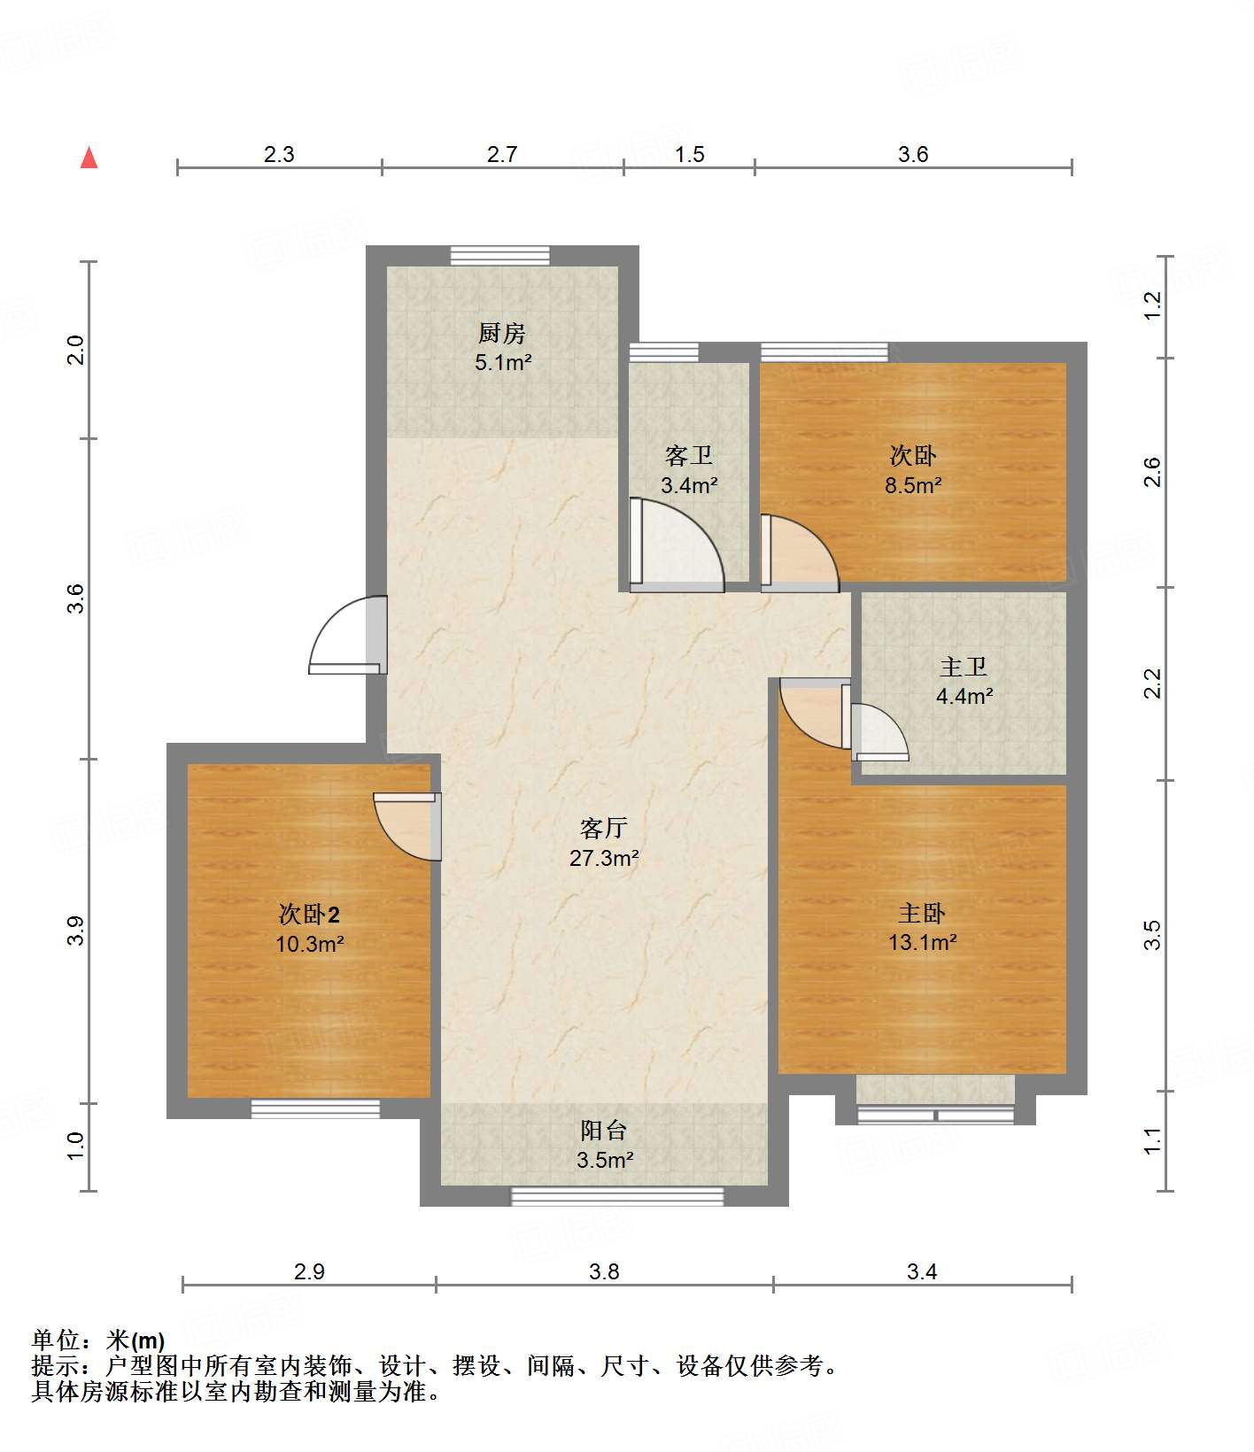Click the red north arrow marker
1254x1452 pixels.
(89, 158)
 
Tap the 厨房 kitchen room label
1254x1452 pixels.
(502, 334)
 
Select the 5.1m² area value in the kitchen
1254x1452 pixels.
(502, 362)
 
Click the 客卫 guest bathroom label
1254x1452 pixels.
(688, 456)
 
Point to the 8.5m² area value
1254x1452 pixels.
(913, 485)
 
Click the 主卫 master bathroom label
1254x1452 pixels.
(963, 667)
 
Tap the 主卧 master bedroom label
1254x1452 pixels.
(922, 913)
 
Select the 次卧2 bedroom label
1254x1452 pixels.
(309, 914)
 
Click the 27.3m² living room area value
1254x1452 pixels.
(604, 858)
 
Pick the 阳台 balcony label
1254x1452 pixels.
(604, 1131)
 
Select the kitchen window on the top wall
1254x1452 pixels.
(499, 256)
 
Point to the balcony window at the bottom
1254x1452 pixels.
(617, 1197)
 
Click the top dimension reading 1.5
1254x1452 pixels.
(689, 155)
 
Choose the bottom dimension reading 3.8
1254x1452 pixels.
(604, 1272)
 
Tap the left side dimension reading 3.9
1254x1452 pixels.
(76, 931)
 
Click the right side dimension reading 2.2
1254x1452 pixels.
(1152, 684)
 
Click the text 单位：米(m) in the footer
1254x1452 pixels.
(98, 1340)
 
